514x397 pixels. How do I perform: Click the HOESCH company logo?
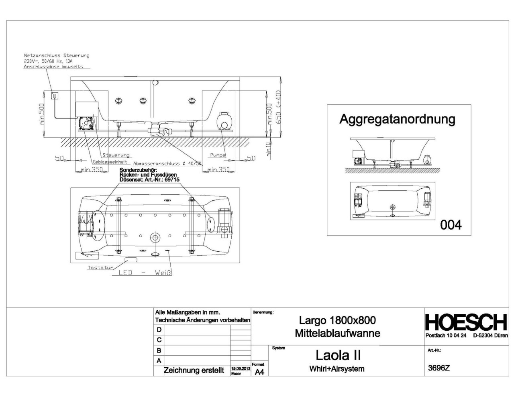[x=466, y=322]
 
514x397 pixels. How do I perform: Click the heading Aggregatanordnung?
[x=397, y=119]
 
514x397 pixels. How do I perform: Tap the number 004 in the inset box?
[x=451, y=224]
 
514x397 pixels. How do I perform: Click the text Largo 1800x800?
[x=337, y=320]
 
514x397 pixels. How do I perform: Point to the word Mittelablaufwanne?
[x=337, y=333]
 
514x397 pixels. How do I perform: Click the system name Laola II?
[x=338, y=355]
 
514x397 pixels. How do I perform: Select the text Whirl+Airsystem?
[x=337, y=369]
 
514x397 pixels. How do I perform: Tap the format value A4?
[x=259, y=372]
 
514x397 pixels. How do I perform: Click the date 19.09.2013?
[x=241, y=368]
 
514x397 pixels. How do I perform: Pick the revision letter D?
[x=159, y=330]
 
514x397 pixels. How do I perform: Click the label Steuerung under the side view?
[x=116, y=155]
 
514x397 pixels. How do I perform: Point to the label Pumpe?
[x=217, y=155]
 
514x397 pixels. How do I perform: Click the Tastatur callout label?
[x=100, y=267]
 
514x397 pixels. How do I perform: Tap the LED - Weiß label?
[x=145, y=273]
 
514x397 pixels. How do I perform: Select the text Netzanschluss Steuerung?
[x=57, y=55]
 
